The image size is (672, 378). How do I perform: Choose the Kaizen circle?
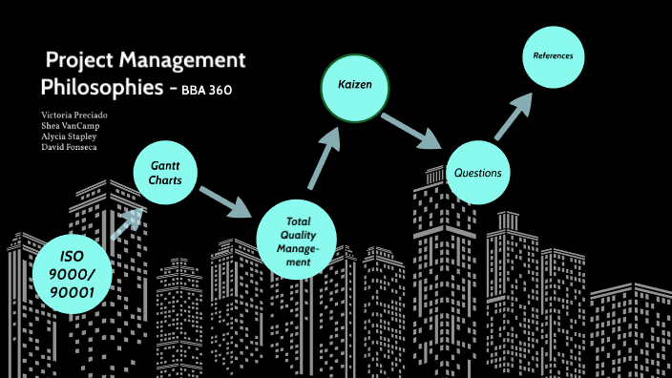coord(354,87)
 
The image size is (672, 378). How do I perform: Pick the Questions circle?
coord(478,173)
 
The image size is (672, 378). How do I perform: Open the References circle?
coord(553,56)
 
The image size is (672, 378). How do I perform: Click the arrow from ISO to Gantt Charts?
coord(127,223)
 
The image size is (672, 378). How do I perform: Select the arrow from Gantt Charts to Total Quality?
coord(226,199)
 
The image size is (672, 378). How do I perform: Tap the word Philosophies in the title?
coord(96,89)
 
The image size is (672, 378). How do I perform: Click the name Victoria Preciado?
coord(74,115)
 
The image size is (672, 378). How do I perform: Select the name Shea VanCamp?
coord(71,125)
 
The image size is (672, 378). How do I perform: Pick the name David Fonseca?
coord(70,146)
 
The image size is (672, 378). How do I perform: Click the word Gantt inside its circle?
coord(165,165)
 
